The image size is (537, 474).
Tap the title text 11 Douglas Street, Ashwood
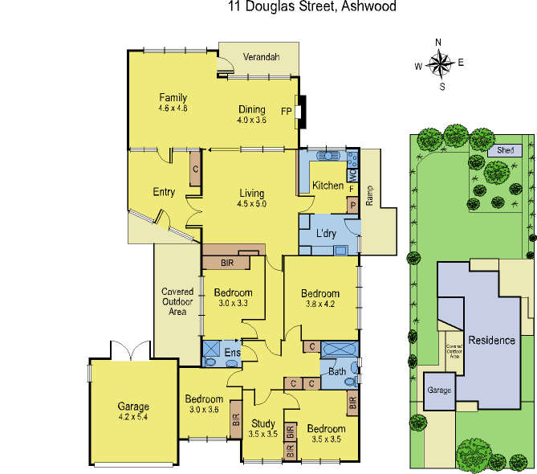[312, 6]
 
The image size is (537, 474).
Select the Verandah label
[261, 57]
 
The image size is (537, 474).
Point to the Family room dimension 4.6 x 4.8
[173, 108]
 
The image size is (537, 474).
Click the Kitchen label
[327, 186]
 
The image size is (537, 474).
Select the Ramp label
[370, 197]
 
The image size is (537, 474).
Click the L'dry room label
[325, 234]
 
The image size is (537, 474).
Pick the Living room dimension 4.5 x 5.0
[251, 204]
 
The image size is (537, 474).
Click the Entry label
[164, 191]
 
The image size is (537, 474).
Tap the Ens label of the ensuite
[232, 353]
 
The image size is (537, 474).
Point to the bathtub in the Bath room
[341, 349]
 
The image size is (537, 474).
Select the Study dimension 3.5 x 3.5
[263, 434]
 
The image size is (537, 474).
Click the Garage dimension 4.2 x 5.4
[133, 417]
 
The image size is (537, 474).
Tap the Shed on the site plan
[505, 150]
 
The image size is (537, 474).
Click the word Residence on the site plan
[491, 340]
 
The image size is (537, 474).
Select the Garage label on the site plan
[439, 390]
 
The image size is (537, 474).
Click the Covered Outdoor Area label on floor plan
[178, 301]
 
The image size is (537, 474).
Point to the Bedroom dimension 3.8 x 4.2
[320, 304]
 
